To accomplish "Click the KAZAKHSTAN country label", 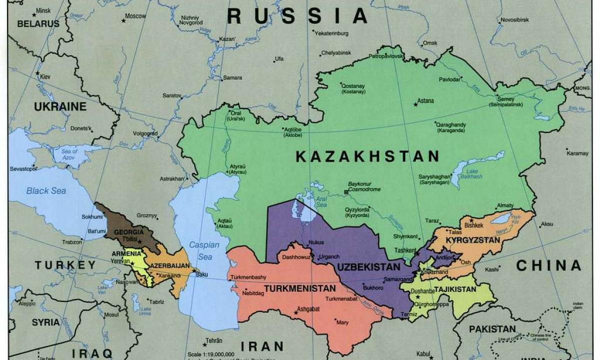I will click(367, 156).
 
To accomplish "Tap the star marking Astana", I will click(415, 104).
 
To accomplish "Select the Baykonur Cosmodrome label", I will click(364, 186).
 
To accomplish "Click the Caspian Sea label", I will click(204, 250).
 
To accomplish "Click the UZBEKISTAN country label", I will click(368, 267).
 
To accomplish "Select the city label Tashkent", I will click(404, 250).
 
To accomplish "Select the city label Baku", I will click(202, 274).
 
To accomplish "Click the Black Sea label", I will click(46, 191).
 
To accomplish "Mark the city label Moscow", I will click(135, 16).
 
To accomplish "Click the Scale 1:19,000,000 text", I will click(211, 354).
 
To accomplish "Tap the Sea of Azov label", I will click(69, 154).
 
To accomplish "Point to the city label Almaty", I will click(504, 206).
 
